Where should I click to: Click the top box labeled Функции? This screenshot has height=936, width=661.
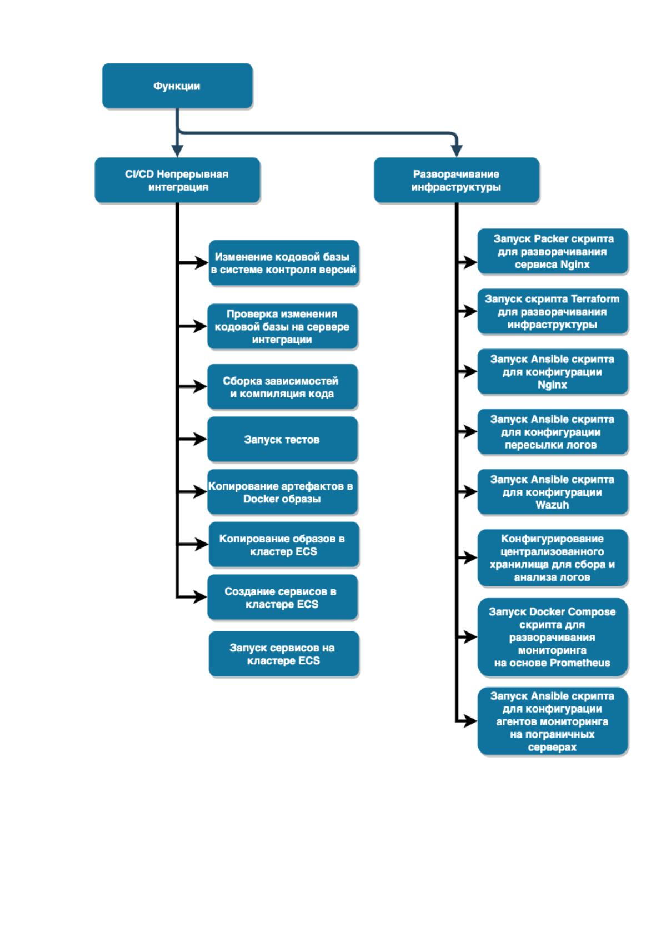pyautogui.click(x=177, y=86)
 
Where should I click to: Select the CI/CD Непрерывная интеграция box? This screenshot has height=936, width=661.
pyautogui.click(x=177, y=180)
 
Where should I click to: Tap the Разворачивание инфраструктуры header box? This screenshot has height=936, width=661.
pyautogui.click(x=457, y=180)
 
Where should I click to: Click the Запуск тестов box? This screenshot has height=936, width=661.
pyautogui.click(x=282, y=439)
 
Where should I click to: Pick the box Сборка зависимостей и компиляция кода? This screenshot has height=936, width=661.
pyautogui.click(x=282, y=386)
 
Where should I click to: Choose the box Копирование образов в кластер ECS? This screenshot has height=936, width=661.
pyautogui.click(x=283, y=545)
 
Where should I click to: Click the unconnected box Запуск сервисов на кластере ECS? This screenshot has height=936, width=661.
pyautogui.click(x=283, y=654)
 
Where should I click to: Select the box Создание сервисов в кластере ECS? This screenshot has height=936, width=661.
pyautogui.click(x=282, y=597)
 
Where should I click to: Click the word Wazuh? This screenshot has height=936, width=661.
pyautogui.click(x=552, y=505)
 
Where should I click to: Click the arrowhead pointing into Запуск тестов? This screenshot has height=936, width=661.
pyautogui.click(x=199, y=439)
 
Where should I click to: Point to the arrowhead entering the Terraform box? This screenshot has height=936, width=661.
pyautogui.click(x=469, y=311)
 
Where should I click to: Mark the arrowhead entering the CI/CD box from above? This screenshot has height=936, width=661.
pyautogui.click(x=177, y=151)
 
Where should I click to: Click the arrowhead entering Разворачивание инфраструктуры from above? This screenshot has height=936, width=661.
pyautogui.click(x=457, y=151)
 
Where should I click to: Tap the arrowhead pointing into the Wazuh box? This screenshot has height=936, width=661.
pyautogui.click(x=469, y=492)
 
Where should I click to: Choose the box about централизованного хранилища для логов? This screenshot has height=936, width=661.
pyautogui.click(x=553, y=558)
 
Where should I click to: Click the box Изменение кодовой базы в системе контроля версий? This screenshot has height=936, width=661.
pyautogui.click(x=283, y=263)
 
